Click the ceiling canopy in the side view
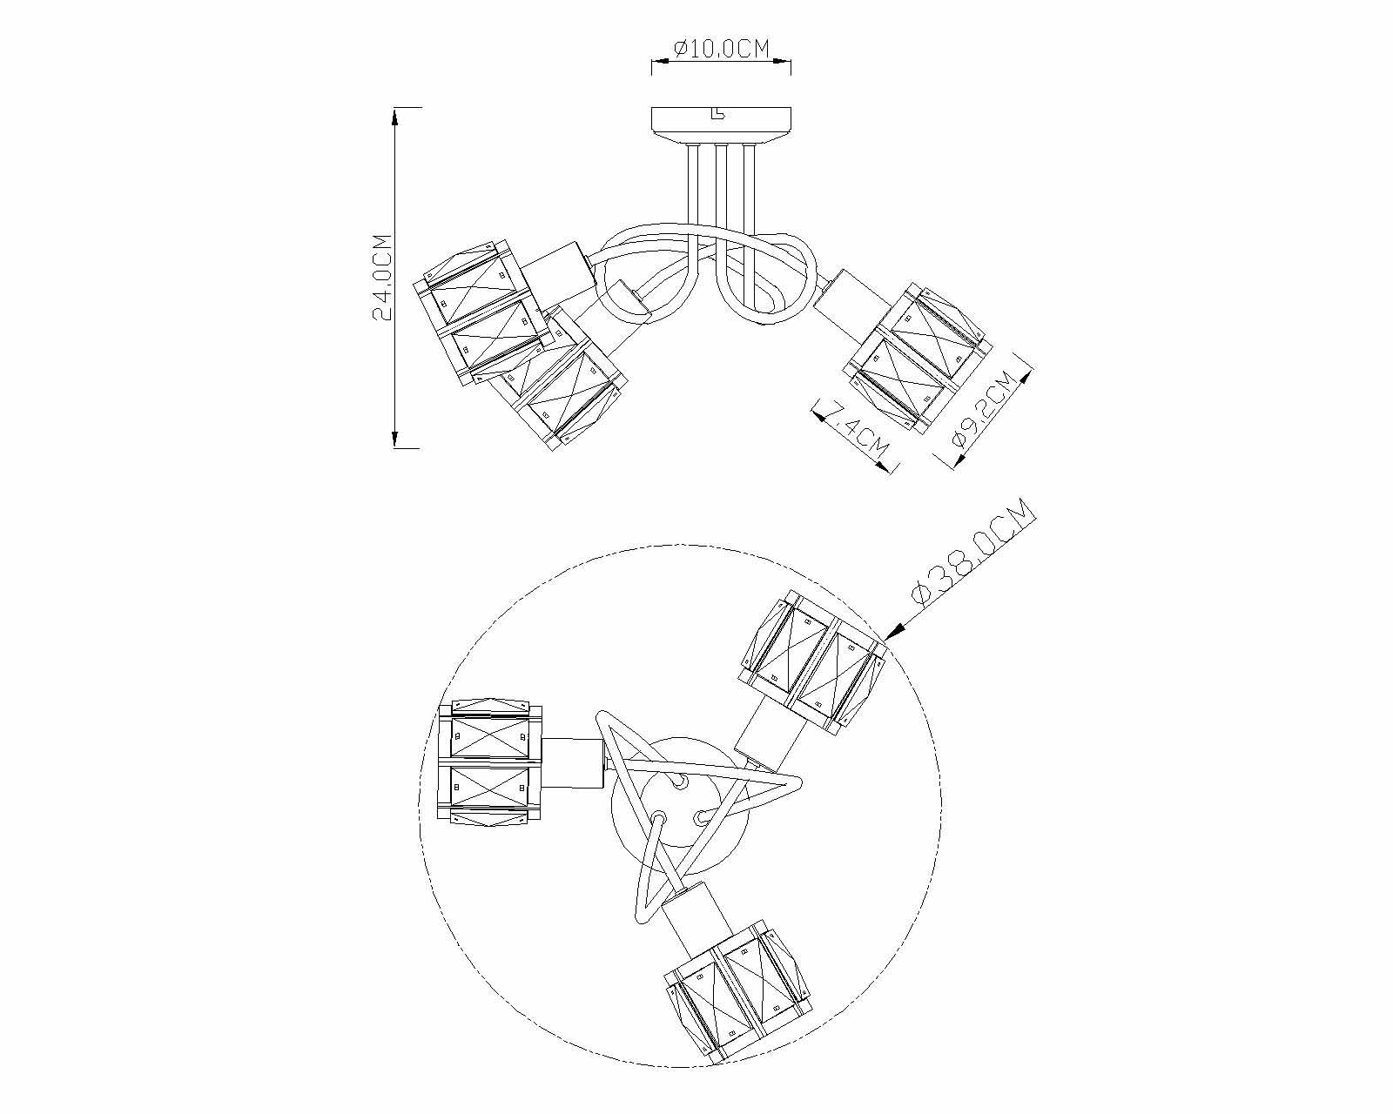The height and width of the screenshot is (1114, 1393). click(x=722, y=123)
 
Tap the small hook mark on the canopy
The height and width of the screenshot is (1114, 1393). click(x=717, y=113)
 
